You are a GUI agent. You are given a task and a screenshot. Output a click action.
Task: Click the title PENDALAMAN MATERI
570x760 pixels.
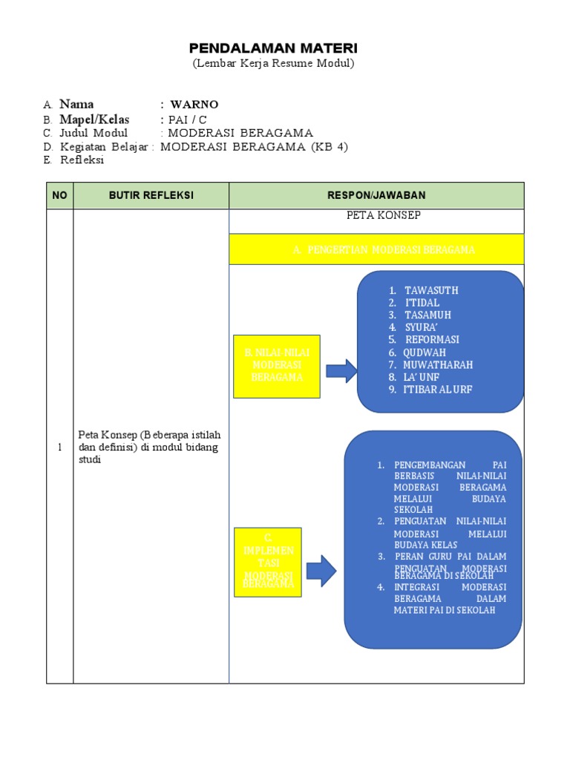[x=273, y=48]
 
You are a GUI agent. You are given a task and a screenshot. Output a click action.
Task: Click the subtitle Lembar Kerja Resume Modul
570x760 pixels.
[x=273, y=64]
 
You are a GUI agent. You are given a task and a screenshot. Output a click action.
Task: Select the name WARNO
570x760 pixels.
[x=194, y=105]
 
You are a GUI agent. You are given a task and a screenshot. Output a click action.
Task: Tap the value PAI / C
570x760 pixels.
[x=184, y=120]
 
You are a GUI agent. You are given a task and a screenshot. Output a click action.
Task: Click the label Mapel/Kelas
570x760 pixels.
[x=94, y=119]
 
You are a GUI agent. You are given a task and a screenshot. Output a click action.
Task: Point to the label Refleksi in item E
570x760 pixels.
[x=82, y=160]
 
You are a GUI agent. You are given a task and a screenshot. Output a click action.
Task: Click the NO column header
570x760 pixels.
[x=59, y=195]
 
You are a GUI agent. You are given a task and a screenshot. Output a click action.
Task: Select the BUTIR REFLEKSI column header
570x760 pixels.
[x=151, y=195]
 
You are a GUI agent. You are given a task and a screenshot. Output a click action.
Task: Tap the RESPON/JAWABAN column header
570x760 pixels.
[x=376, y=195]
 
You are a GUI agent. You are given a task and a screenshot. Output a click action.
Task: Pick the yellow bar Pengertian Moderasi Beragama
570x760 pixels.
[x=376, y=249]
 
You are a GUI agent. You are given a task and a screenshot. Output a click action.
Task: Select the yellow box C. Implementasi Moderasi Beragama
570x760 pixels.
[x=268, y=562]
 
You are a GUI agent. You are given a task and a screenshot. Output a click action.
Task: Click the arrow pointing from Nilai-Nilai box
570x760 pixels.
[x=341, y=370]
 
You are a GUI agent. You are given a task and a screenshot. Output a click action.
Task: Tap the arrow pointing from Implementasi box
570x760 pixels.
[x=321, y=570]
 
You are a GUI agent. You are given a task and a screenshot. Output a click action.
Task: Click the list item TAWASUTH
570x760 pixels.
[x=431, y=290]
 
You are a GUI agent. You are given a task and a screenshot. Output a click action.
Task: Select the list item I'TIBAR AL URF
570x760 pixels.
[x=438, y=390]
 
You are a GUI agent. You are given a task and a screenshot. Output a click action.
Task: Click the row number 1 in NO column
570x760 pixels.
[x=59, y=445]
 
